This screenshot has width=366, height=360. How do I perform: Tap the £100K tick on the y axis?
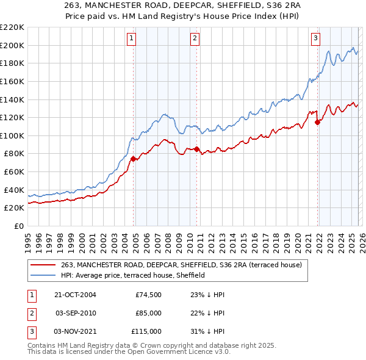[x=13, y=135]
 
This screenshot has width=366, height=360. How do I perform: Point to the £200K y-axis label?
[x=13, y=45]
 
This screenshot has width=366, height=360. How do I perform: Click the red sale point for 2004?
[x=133, y=159]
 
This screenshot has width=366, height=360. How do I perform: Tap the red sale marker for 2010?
[x=196, y=149]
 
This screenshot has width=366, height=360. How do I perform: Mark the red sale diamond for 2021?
[x=317, y=122]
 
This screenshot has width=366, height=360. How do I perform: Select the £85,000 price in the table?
[x=148, y=312]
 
